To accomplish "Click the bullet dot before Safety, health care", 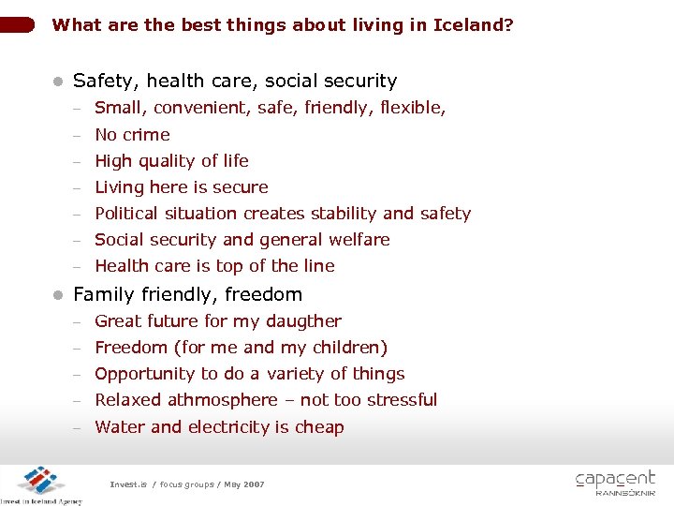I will pos(58,82).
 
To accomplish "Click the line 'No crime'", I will pos(132,135).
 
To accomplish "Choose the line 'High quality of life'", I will pos(171,161).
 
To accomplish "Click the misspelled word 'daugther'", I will pos(304,321).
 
